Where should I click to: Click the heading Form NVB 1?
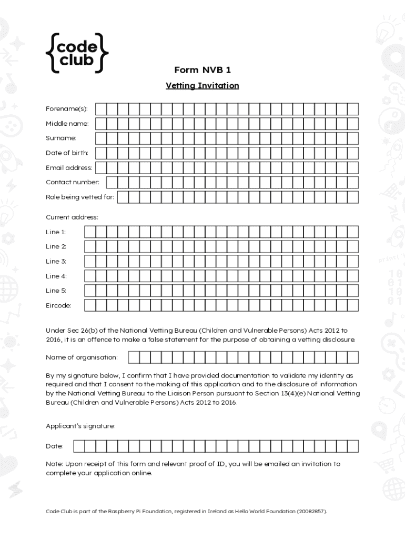coord(202,70)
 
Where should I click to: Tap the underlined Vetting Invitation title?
coord(202,85)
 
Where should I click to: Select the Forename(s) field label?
coord(67,109)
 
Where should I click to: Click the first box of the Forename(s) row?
coord(100,109)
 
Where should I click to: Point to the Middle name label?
coord(67,124)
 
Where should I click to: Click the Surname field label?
coord(61,138)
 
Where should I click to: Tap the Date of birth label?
coord(67,153)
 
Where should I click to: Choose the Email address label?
coord(69,168)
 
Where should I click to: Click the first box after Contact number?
coord(112,182)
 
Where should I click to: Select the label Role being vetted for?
coord(79,197)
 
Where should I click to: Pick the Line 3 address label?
coord(56,261)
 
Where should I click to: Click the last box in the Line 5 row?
coord(352,291)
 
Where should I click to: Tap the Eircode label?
coord(58,305)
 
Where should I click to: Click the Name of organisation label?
coord(82,357)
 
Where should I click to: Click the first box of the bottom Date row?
coord(79,446)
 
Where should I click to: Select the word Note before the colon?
coord(54,464)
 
